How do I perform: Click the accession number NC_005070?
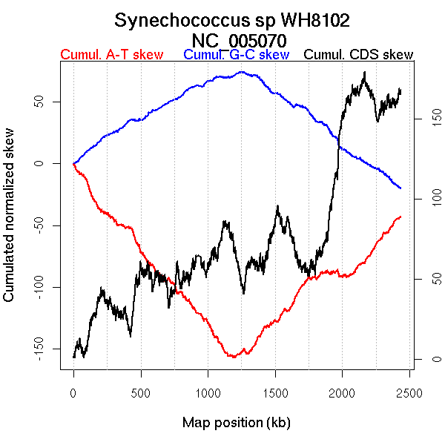(x=239, y=39)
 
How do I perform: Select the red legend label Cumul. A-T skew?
(x=111, y=55)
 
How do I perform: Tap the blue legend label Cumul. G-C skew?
(x=236, y=55)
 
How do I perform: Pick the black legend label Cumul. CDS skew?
(x=358, y=55)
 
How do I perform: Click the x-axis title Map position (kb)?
(x=236, y=423)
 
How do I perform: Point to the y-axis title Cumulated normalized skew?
(x=10, y=225)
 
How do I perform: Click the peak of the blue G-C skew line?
(x=242, y=72)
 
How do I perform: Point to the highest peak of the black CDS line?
(x=364, y=73)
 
